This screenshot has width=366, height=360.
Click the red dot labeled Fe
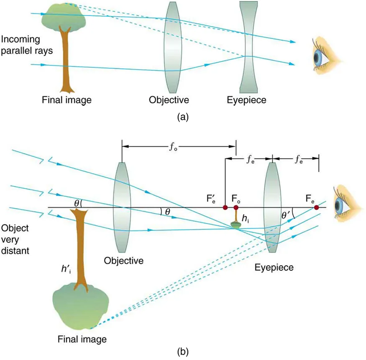click(317, 207)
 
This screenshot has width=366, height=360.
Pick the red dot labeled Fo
click(236, 207)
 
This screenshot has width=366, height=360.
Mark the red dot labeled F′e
click(225, 207)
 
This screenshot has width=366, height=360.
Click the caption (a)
click(182, 117)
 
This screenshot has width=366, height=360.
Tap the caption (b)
click(182, 347)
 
